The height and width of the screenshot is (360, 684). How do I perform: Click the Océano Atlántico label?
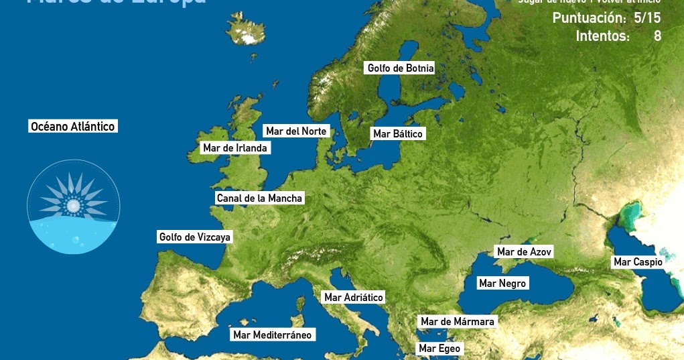coord(73,126)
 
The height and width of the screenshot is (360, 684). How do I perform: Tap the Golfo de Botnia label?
coord(401,68)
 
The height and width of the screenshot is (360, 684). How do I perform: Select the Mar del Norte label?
coord(296,131)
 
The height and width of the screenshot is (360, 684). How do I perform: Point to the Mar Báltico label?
coord(398,133)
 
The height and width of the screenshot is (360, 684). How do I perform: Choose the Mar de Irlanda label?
coord(234,147)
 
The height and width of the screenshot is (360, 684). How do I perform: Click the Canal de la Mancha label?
coord(259,198)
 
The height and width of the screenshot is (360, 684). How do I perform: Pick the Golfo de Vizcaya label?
coord(194,237)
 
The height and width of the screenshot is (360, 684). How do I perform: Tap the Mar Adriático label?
coord(353,297)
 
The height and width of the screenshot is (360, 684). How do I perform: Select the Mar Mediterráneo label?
coord(272,335)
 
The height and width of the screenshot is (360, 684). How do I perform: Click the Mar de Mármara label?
coord(457,322)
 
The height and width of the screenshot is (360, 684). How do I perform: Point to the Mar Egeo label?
coord(439,348)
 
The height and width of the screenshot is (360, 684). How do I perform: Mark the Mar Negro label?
coord(502,284)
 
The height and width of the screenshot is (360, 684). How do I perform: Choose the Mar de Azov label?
coord(524,251)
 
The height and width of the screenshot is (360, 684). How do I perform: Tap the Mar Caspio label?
coord(637,262)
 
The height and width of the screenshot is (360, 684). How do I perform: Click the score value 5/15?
coord(647,17)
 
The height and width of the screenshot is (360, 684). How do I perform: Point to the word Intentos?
coord(602,36)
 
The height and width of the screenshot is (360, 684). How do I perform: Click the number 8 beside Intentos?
coord(657,36)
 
